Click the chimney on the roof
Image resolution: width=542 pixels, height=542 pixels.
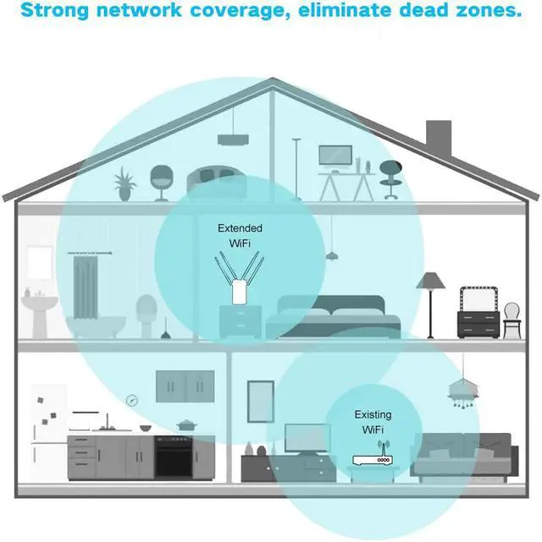[439, 137]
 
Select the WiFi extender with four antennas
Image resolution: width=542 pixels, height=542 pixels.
[239, 278]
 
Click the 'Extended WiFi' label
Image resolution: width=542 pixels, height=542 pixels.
[240, 235]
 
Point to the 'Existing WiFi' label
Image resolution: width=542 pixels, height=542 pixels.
[373, 422]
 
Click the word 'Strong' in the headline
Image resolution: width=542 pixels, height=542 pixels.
[55, 10]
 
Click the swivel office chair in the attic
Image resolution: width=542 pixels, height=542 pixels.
[390, 180]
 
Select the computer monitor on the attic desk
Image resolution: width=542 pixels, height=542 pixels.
[335, 157]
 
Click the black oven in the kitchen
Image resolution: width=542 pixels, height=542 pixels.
[173, 457]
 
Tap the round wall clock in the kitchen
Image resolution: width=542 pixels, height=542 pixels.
[132, 401]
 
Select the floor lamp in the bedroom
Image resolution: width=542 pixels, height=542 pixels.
[430, 305]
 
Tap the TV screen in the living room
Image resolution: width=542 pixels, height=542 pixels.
[307, 438]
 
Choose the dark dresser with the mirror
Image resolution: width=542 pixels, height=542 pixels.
[478, 312]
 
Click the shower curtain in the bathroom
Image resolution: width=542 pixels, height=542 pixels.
[86, 287]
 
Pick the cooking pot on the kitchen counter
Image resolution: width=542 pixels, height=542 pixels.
[187, 425]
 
